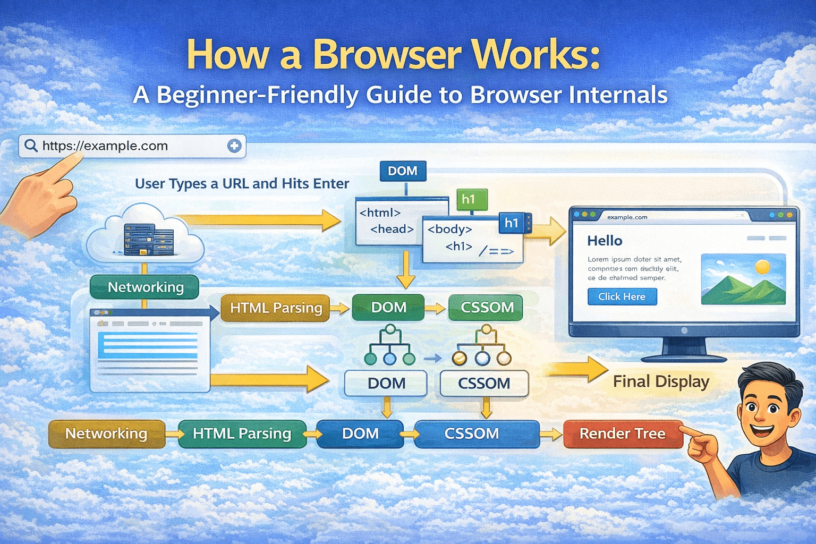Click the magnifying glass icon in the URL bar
(x=31, y=146)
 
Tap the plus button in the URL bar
(x=234, y=146)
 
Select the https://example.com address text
(x=105, y=146)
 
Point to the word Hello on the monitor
(x=605, y=241)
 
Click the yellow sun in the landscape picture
(x=762, y=266)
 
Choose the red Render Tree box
(x=622, y=433)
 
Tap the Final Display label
(x=661, y=381)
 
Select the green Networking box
(x=145, y=287)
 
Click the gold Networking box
(x=106, y=433)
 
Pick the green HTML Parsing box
(x=242, y=433)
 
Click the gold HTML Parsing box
(x=276, y=308)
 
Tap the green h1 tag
(x=469, y=199)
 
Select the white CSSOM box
(x=484, y=383)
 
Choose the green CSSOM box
(x=486, y=308)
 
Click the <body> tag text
(x=449, y=229)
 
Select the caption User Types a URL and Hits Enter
(x=242, y=184)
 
